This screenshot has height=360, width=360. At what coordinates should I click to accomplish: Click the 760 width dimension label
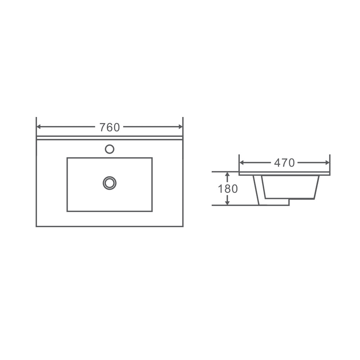point(109,127)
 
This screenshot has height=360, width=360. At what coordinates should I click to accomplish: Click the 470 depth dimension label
point(284,163)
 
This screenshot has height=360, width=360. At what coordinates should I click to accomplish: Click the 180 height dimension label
point(228,189)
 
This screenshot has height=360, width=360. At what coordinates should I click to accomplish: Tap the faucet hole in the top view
point(109,149)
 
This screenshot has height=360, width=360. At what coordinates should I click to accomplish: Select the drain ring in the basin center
point(109,183)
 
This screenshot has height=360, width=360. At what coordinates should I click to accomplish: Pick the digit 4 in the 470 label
point(278,163)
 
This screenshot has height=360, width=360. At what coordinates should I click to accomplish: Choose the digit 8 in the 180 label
point(228,189)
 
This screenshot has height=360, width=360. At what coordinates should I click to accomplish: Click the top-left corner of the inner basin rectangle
point(67,158)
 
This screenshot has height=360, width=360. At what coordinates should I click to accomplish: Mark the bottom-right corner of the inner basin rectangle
point(152,211)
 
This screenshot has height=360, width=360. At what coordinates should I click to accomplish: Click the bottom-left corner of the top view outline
point(36,226)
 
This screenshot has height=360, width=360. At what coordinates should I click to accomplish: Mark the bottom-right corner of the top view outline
point(183,226)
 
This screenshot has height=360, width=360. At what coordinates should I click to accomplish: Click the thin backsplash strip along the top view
point(109,138)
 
